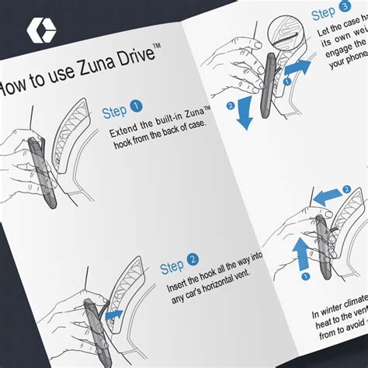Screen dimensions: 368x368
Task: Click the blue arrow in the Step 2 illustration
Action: click(116, 314)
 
